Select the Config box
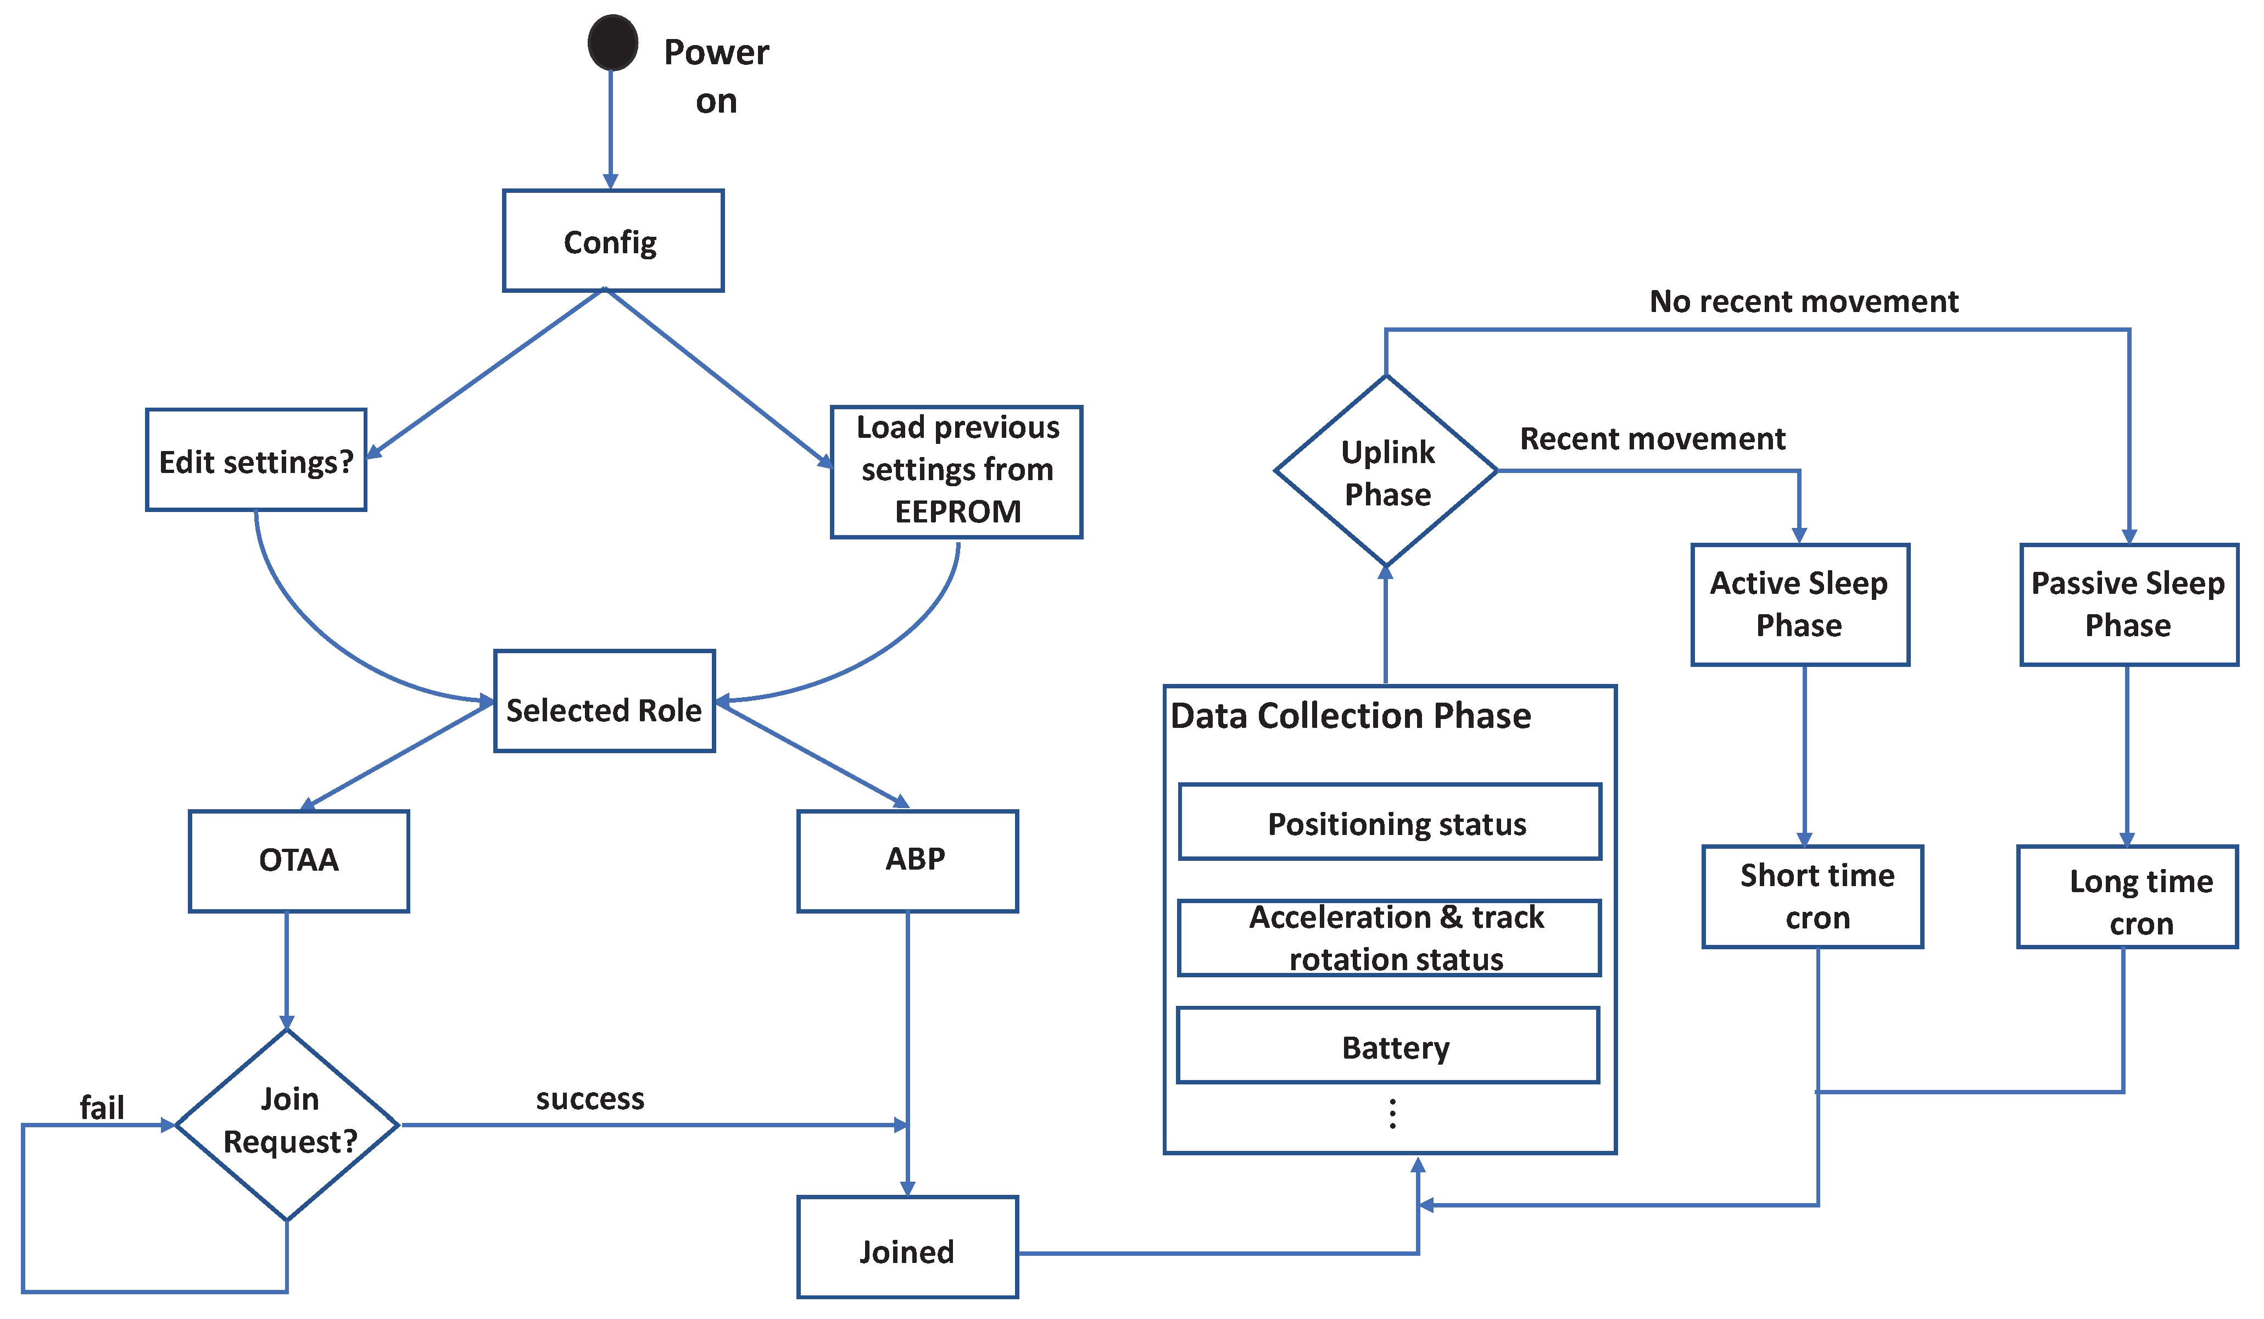tap(613, 241)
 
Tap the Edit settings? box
tap(256, 460)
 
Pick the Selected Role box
tap(604, 701)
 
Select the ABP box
tap(907, 861)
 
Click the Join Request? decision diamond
tap(287, 1123)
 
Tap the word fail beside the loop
tap(102, 1107)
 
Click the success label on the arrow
tap(590, 1098)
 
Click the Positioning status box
tap(1390, 822)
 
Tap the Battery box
tap(1388, 1046)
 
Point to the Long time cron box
tap(2127, 897)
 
